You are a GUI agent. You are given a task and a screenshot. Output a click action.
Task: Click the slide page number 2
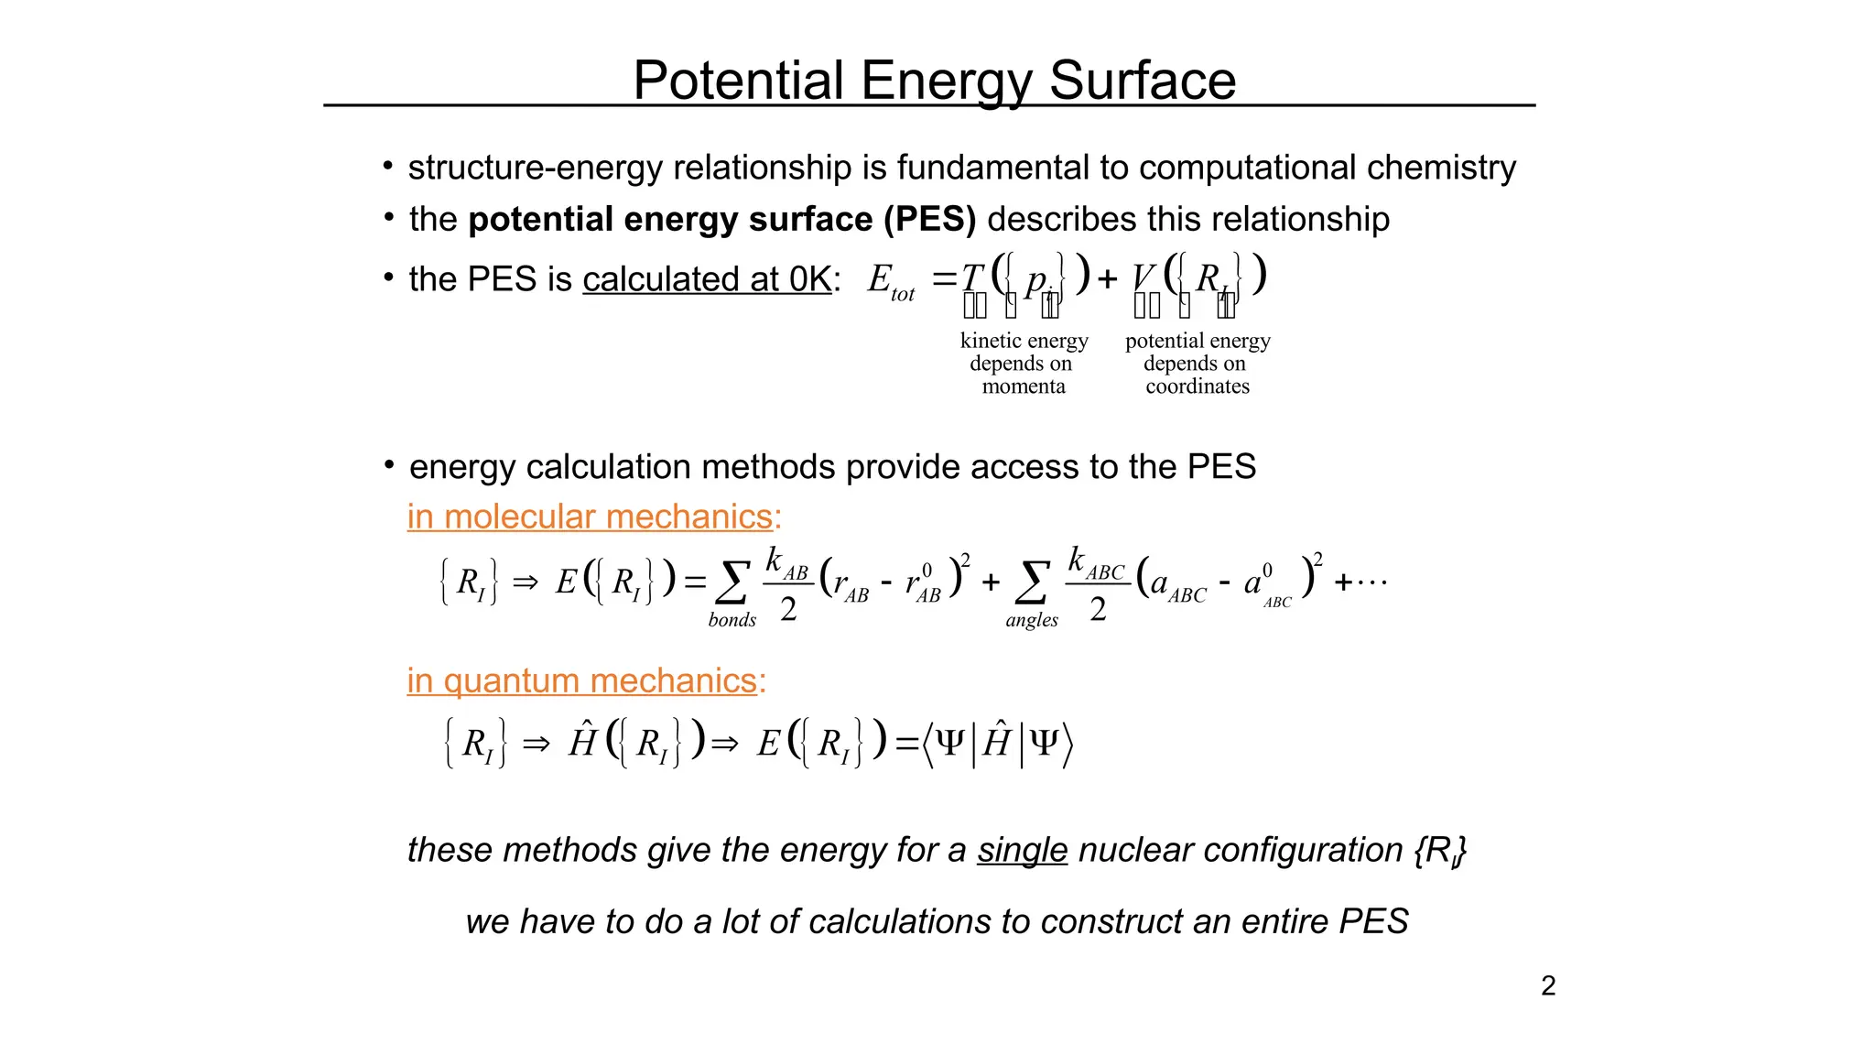coord(1548,985)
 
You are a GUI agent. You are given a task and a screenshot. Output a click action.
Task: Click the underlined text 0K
coord(810,279)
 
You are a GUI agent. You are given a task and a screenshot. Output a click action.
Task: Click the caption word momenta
coord(1024,386)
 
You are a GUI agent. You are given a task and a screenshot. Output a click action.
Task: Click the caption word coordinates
coord(1198,386)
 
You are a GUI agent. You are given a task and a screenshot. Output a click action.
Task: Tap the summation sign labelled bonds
coord(732,582)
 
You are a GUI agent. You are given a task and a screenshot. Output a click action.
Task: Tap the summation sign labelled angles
coord(1032,582)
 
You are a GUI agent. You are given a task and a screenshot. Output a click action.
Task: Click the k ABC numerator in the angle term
coord(1095,561)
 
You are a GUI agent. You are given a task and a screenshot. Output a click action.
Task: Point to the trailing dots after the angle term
coord(1371,582)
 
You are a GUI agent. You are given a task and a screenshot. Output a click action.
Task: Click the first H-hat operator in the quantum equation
coord(583,741)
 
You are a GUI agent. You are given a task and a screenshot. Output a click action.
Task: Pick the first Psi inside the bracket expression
coord(950,742)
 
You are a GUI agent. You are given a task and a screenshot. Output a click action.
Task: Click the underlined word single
coord(1022,850)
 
